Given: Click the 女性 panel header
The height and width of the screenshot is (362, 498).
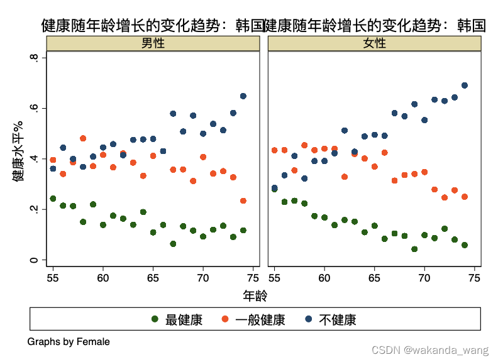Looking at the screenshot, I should coord(375,43).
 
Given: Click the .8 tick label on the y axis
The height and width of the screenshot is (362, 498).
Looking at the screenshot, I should coord(35,58).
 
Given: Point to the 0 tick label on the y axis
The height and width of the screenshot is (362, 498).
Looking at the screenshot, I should coord(35,260).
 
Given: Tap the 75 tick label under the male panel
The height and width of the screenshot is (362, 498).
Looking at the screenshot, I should coord(253,277).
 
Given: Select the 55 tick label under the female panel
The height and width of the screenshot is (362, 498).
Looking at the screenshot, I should coord(274,277).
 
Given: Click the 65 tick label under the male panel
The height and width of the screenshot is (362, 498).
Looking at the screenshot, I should coord(153,277).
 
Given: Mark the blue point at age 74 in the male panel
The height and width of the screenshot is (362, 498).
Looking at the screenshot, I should coord(243,96).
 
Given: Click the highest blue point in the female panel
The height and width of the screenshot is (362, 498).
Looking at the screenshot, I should coord(465,85).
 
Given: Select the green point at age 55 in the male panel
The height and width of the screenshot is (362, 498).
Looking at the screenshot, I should coord(53,199).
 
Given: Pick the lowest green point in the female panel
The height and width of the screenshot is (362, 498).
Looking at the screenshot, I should coord(414,249).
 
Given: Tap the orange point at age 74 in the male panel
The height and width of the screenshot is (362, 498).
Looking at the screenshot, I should coord(243,201).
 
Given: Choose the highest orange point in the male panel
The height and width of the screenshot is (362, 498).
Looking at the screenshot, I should coord(83,138).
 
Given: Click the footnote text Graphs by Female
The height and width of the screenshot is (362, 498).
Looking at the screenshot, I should coord(69,342).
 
